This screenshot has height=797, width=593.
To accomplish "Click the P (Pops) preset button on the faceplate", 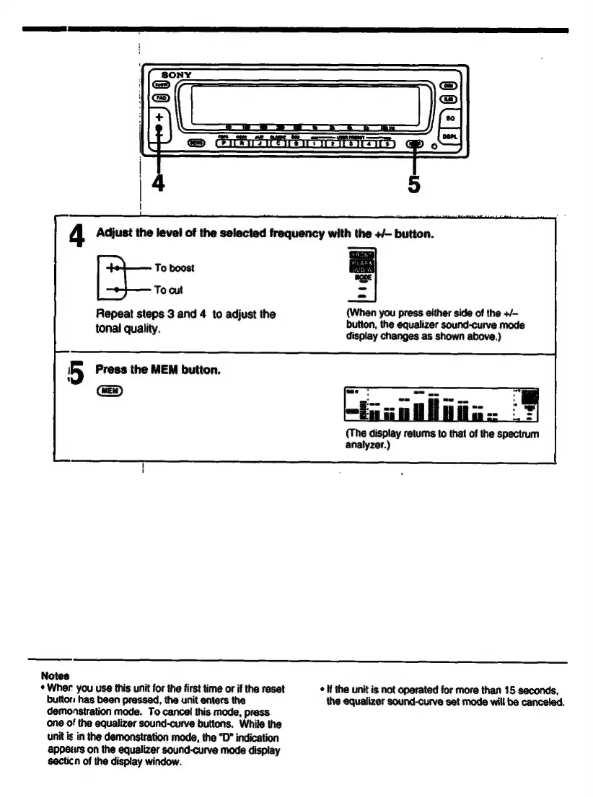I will point(224,143).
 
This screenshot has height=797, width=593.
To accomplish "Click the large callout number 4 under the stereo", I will point(159,184).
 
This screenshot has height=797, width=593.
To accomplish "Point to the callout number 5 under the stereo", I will point(413,184).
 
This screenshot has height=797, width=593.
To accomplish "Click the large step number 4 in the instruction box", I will point(79,235).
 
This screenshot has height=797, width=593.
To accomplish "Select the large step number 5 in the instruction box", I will point(79,371).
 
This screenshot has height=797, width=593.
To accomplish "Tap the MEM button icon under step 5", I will point(110,390).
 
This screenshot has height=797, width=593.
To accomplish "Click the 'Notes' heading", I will point(55,676).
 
